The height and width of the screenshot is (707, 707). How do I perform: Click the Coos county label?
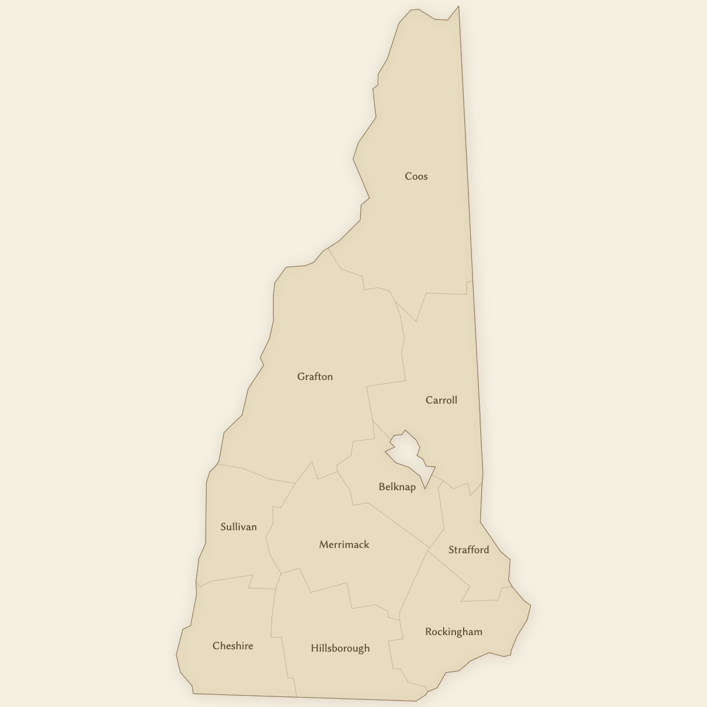[x=416, y=176]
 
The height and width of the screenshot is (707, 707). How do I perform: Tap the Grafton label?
[x=315, y=376]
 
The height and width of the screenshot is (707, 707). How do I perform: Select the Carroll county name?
[x=441, y=400]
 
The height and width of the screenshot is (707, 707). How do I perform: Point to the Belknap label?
[x=397, y=487]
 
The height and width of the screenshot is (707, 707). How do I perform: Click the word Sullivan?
[x=238, y=527]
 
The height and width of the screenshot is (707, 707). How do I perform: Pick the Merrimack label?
[x=344, y=544]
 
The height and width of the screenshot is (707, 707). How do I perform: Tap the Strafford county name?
[x=468, y=550]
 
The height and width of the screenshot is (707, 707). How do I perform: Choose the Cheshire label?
[x=233, y=646]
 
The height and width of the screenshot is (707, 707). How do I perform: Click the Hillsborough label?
[x=340, y=648]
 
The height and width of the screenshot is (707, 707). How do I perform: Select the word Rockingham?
[x=454, y=632]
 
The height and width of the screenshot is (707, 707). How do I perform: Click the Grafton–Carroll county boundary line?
[x=404, y=353]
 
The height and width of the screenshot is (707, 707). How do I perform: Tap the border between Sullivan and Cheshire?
[x=230, y=579]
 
